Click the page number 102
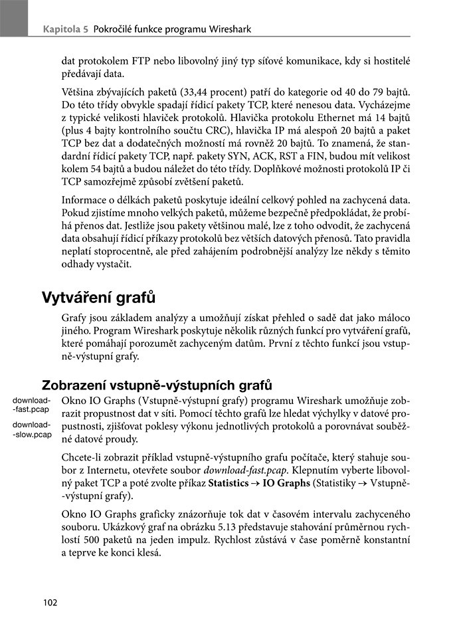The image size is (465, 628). (x=50, y=603)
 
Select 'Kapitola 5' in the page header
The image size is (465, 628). (x=66, y=29)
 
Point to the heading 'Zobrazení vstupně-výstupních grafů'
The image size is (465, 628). (x=157, y=385)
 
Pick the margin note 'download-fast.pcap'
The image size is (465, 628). (x=31, y=405)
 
